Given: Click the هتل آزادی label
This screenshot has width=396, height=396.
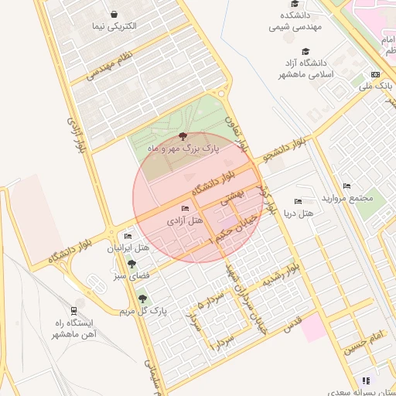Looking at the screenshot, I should [x=185, y=221].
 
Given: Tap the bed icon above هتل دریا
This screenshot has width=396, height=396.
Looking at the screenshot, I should [x=298, y=201].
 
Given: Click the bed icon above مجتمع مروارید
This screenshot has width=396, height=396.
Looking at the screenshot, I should [x=346, y=186].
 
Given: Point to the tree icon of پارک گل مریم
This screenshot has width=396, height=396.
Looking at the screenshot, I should [x=142, y=299].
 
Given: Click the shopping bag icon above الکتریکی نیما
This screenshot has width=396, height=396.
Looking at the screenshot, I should [x=114, y=14].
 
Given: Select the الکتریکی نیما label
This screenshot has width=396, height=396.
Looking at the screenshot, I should [x=114, y=26].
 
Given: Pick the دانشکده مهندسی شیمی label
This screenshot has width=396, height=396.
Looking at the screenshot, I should [x=296, y=21].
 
